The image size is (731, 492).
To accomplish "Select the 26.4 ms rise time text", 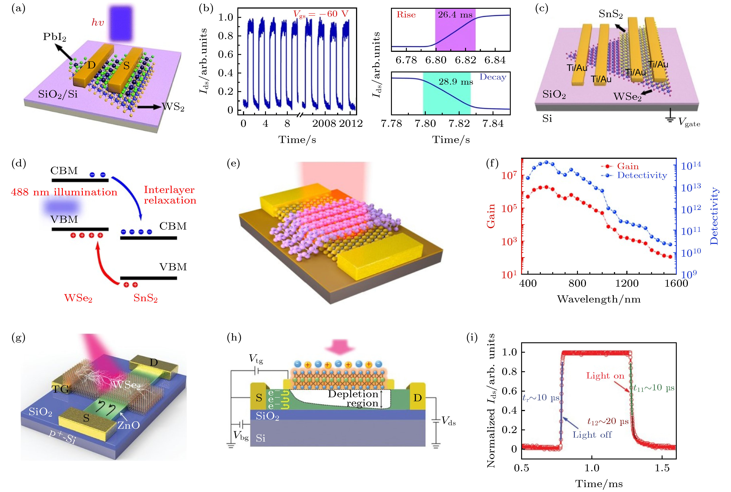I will [x=455, y=15].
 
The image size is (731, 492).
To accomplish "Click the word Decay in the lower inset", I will [x=493, y=77].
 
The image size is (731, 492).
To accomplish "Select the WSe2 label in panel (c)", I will [x=627, y=97].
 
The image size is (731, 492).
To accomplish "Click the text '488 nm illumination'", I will [x=64, y=192].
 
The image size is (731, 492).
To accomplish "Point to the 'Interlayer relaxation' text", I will [x=170, y=195].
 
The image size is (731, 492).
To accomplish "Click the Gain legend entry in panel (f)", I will [x=627, y=166].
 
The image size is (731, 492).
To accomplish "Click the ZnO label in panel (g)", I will [x=129, y=425].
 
